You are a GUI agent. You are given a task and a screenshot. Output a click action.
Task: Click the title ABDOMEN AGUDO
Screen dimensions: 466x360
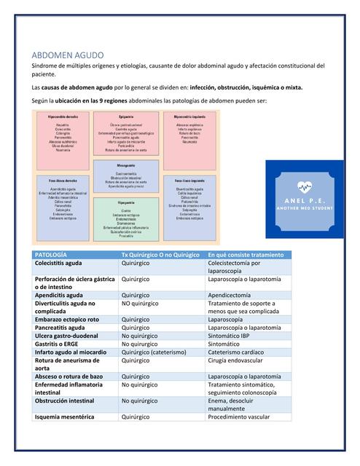click(x=69, y=55)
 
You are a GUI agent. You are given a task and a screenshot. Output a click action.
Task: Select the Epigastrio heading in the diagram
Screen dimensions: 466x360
click(x=126, y=116)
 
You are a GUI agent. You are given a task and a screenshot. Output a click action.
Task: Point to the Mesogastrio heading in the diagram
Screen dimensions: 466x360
click(x=126, y=166)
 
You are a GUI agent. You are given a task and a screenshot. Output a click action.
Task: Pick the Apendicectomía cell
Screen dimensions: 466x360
click(x=235, y=296)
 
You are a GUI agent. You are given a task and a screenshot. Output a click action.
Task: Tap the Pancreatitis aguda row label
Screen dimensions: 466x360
click(x=60, y=328)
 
